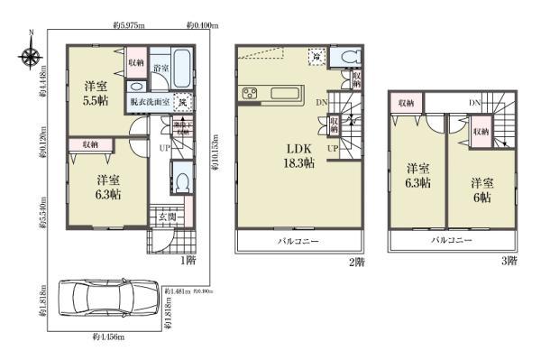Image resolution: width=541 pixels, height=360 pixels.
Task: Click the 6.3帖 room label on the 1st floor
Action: click(x=109, y=186)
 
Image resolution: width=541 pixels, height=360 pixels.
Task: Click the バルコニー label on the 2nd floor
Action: click(x=297, y=242)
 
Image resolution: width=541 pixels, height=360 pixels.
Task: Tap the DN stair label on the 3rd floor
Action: click(x=474, y=104)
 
